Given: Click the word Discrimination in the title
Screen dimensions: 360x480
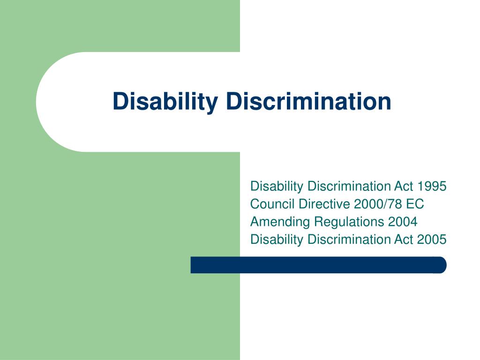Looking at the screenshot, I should (x=308, y=101).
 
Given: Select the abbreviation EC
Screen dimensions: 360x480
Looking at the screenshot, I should (x=416, y=204).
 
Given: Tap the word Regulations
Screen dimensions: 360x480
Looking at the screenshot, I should (x=344, y=222).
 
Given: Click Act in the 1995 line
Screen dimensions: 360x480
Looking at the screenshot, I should (x=404, y=186).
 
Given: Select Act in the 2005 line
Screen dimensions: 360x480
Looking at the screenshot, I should (x=404, y=240).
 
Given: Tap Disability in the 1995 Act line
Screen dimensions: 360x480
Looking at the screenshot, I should (x=277, y=186).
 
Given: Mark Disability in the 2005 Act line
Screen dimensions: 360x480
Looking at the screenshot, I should (x=277, y=240).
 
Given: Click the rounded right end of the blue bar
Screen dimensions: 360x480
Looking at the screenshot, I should (x=441, y=265).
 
